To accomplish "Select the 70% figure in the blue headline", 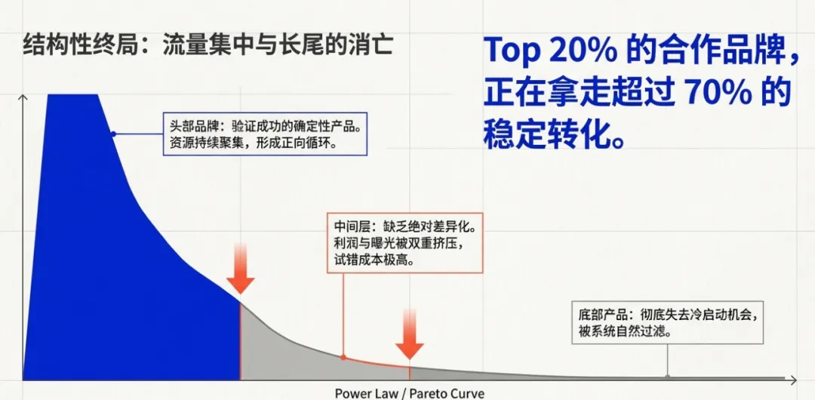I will tap(716, 94).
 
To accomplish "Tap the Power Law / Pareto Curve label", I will tap(409, 393).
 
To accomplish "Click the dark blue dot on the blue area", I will tap(112, 134).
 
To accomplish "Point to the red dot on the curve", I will tap(343, 357).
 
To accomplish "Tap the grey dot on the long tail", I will tap(666, 375).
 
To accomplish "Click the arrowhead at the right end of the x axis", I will tap(794, 377).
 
